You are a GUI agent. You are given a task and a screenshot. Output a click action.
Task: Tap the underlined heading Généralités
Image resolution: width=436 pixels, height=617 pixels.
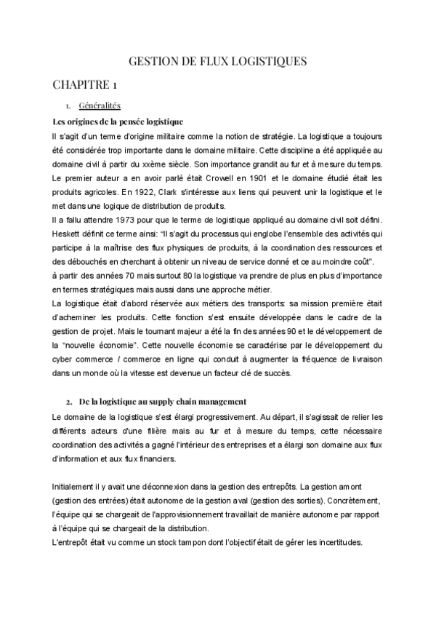click(99, 106)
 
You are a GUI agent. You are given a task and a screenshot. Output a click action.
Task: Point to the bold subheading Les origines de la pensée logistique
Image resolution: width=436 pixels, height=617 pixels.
click(118, 121)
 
